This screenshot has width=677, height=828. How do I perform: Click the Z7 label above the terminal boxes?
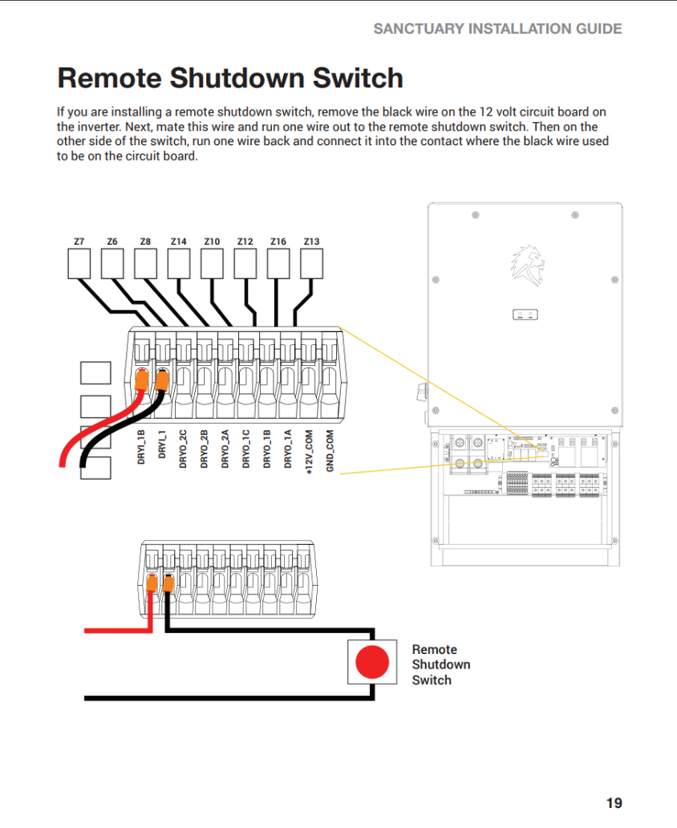coord(79,241)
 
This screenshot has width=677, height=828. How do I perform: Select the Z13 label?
coord(311,241)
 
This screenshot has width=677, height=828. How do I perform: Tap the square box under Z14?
coord(178,263)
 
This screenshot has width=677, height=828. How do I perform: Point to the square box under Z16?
coord(278,263)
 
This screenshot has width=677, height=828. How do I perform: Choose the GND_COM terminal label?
coord(330,451)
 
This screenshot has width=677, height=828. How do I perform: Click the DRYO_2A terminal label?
coord(225,449)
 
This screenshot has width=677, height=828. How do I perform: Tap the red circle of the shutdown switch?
coord(372,663)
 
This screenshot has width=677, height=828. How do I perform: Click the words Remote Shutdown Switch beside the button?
coord(440,664)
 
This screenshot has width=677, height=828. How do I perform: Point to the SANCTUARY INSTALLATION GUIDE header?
coord(497,29)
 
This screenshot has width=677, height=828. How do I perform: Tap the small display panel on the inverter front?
coord(525,315)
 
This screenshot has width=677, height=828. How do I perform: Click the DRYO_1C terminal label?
coord(246,449)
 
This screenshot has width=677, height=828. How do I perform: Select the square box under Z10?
coord(211,263)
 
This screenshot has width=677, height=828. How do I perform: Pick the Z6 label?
coord(111,241)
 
